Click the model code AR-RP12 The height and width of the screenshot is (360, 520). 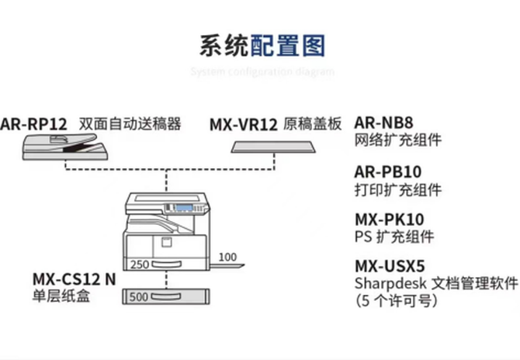pyautogui.click(x=33, y=123)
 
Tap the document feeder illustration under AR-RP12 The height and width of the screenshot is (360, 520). pyautogui.click(x=64, y=145)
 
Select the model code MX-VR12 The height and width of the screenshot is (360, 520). pyautogui.click(x=245, y=123)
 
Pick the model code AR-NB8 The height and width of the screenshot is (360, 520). pyautogui.click(x=383, y=123)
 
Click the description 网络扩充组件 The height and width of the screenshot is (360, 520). pyautogui.click(x=398, y=140)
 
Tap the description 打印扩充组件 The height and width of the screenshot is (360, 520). pyautogui.click(x=398, y=189)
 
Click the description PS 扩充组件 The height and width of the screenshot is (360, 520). pyautogui.click(x=393, y=237)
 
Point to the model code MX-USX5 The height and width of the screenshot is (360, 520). pyautogui.click(x=390, y=266)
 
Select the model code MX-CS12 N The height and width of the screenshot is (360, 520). pyautogui.click(x=75, y=279)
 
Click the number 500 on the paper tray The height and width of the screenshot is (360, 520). pyautogui.click(x=139, y=296)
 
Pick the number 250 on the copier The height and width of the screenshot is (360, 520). pyautogui.click(x=140, y=264)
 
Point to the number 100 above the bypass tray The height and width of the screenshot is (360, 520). pyautogui.click(x=227, y=257)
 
